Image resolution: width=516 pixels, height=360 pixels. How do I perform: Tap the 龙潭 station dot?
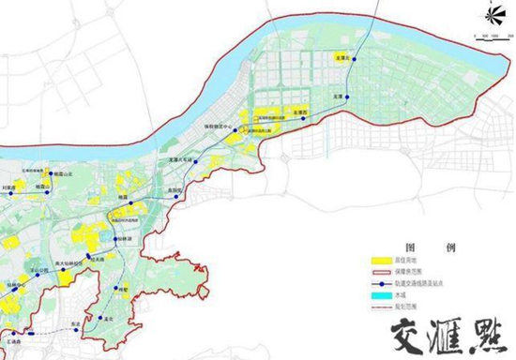346,97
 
